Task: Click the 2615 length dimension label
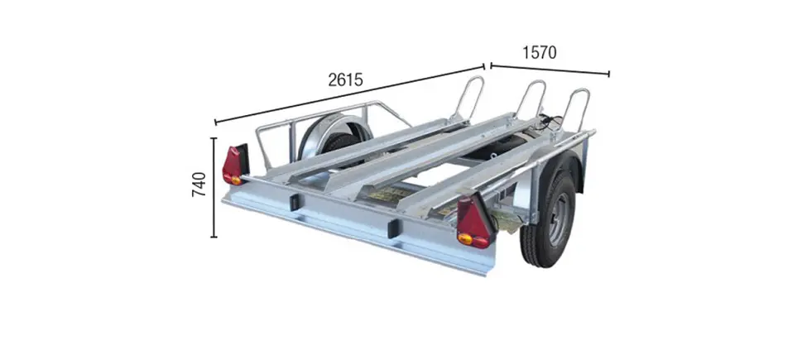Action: pyautogui.click(x=345, y=79)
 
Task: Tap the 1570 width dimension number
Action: pyautogui.click(x=540, y=52)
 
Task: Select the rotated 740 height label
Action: pyautogui.click(x=199, y=184)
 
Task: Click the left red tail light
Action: pyautogui.click(x=235, y=164)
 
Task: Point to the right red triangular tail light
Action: pyautogui.click(x=475, y=221)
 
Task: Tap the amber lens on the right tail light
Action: pyautogui.click(x=465, y=238)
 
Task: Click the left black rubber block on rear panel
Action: pyautogui.click(x=295, y=202)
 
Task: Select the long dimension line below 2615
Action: pyautogui.click(x=349, y=94)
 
